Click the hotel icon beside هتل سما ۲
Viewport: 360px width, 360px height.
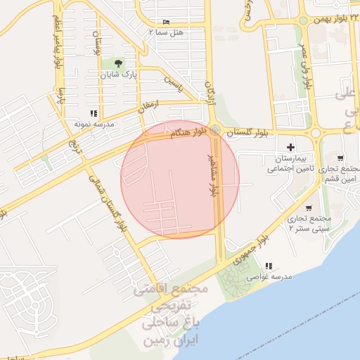[x=166, y=22]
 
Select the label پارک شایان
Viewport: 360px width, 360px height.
[x=118, y=74]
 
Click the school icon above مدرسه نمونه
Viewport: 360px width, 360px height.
[x=94, y=113]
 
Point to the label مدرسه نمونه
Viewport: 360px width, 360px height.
[x=94, y=123]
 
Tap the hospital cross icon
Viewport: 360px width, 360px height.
[x=290, y=147]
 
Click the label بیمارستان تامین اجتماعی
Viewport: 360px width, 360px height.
[x=290, y=163]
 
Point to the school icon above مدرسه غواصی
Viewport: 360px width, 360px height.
[x=268, y=266]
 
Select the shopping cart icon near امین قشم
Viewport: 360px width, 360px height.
[x=340, y=158]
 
